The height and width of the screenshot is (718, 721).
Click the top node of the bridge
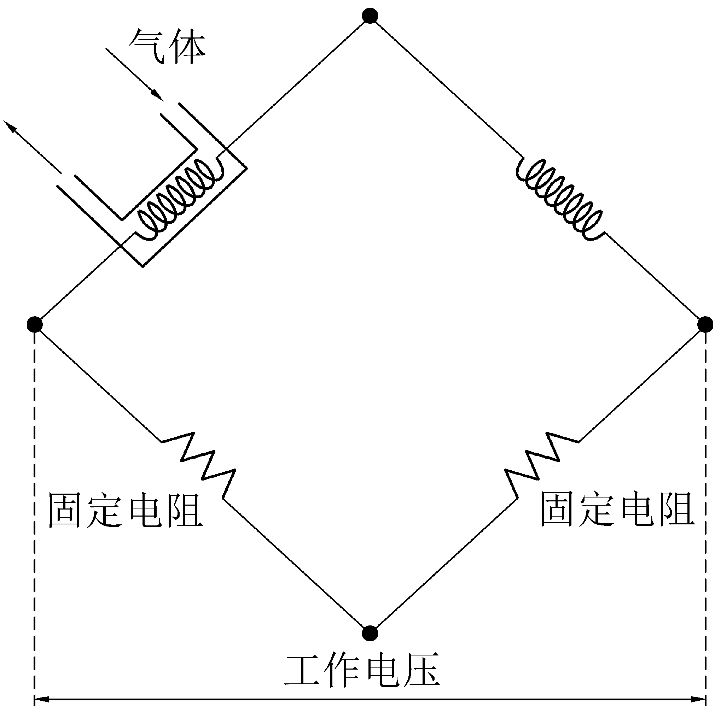pyautogui.click(x=370, y=16)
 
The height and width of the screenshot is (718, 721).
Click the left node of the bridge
pyautogui.click(x=35, y=324)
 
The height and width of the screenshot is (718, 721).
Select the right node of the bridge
pyautogui.click(x=705, y=324)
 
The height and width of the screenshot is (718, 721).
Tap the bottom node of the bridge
pyautogui.click(x=370, y=632)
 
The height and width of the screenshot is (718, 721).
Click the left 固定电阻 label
pyautogui.click(x=126, y=511)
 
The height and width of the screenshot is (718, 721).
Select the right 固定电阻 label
pyautogui.click(x=617, y=510)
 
